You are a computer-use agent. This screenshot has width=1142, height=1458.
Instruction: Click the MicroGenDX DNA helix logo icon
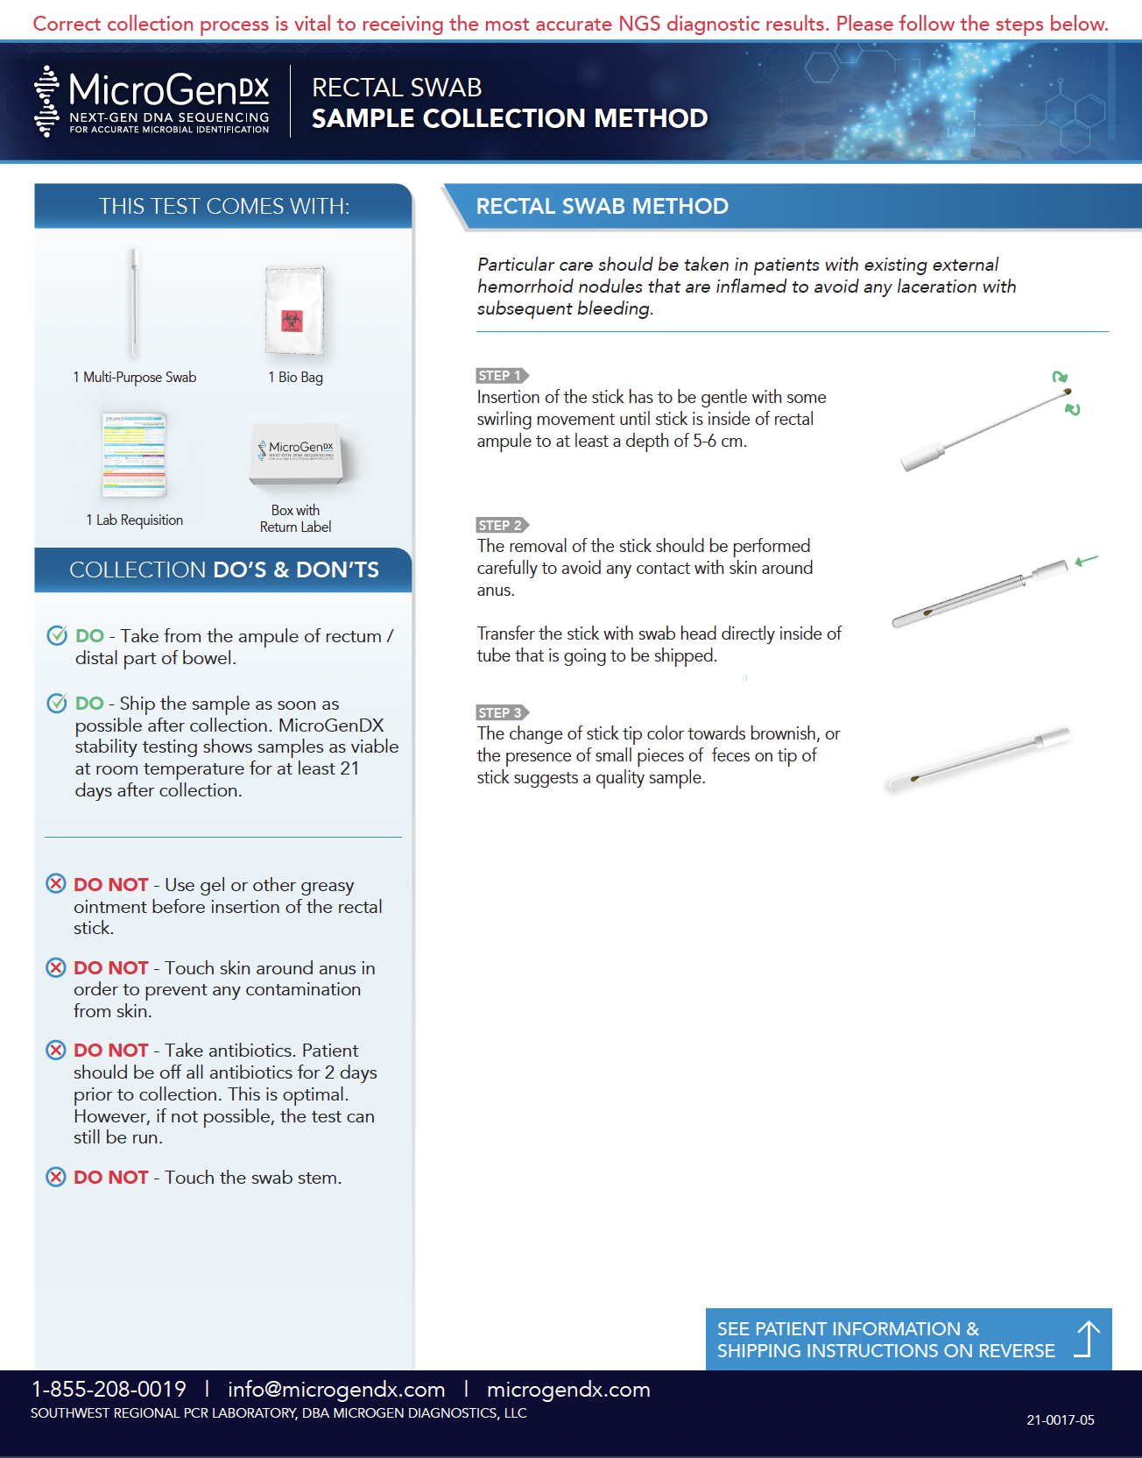(46, 102)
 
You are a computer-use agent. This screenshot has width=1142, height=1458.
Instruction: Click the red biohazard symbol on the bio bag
(293, 321)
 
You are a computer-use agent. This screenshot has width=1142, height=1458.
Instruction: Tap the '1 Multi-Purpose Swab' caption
(135, 377)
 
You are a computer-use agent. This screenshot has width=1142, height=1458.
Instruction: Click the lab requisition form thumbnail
(134, 455)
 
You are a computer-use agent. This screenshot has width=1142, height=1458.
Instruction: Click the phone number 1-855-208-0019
(109, 1389)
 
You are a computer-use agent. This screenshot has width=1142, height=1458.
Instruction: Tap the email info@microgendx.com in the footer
(336, 1389)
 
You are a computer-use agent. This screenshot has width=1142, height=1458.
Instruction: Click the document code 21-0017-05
(1060, 1419)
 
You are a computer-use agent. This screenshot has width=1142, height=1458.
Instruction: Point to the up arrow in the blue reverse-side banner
(1087, 1339)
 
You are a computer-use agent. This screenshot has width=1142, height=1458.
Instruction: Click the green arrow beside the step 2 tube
(1086, 561)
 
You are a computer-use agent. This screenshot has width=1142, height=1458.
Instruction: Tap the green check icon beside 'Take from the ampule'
(57, 635)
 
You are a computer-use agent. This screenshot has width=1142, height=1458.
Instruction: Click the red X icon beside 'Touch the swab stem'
(56, 1177)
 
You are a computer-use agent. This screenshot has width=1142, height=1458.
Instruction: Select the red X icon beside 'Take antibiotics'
(56, 1050)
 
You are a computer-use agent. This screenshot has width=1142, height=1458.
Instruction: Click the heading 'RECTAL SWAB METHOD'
(602, 206)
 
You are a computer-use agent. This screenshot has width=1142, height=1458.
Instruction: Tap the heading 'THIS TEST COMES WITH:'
(223, 206)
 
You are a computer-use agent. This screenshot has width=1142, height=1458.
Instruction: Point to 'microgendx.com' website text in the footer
(567, 1389)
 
